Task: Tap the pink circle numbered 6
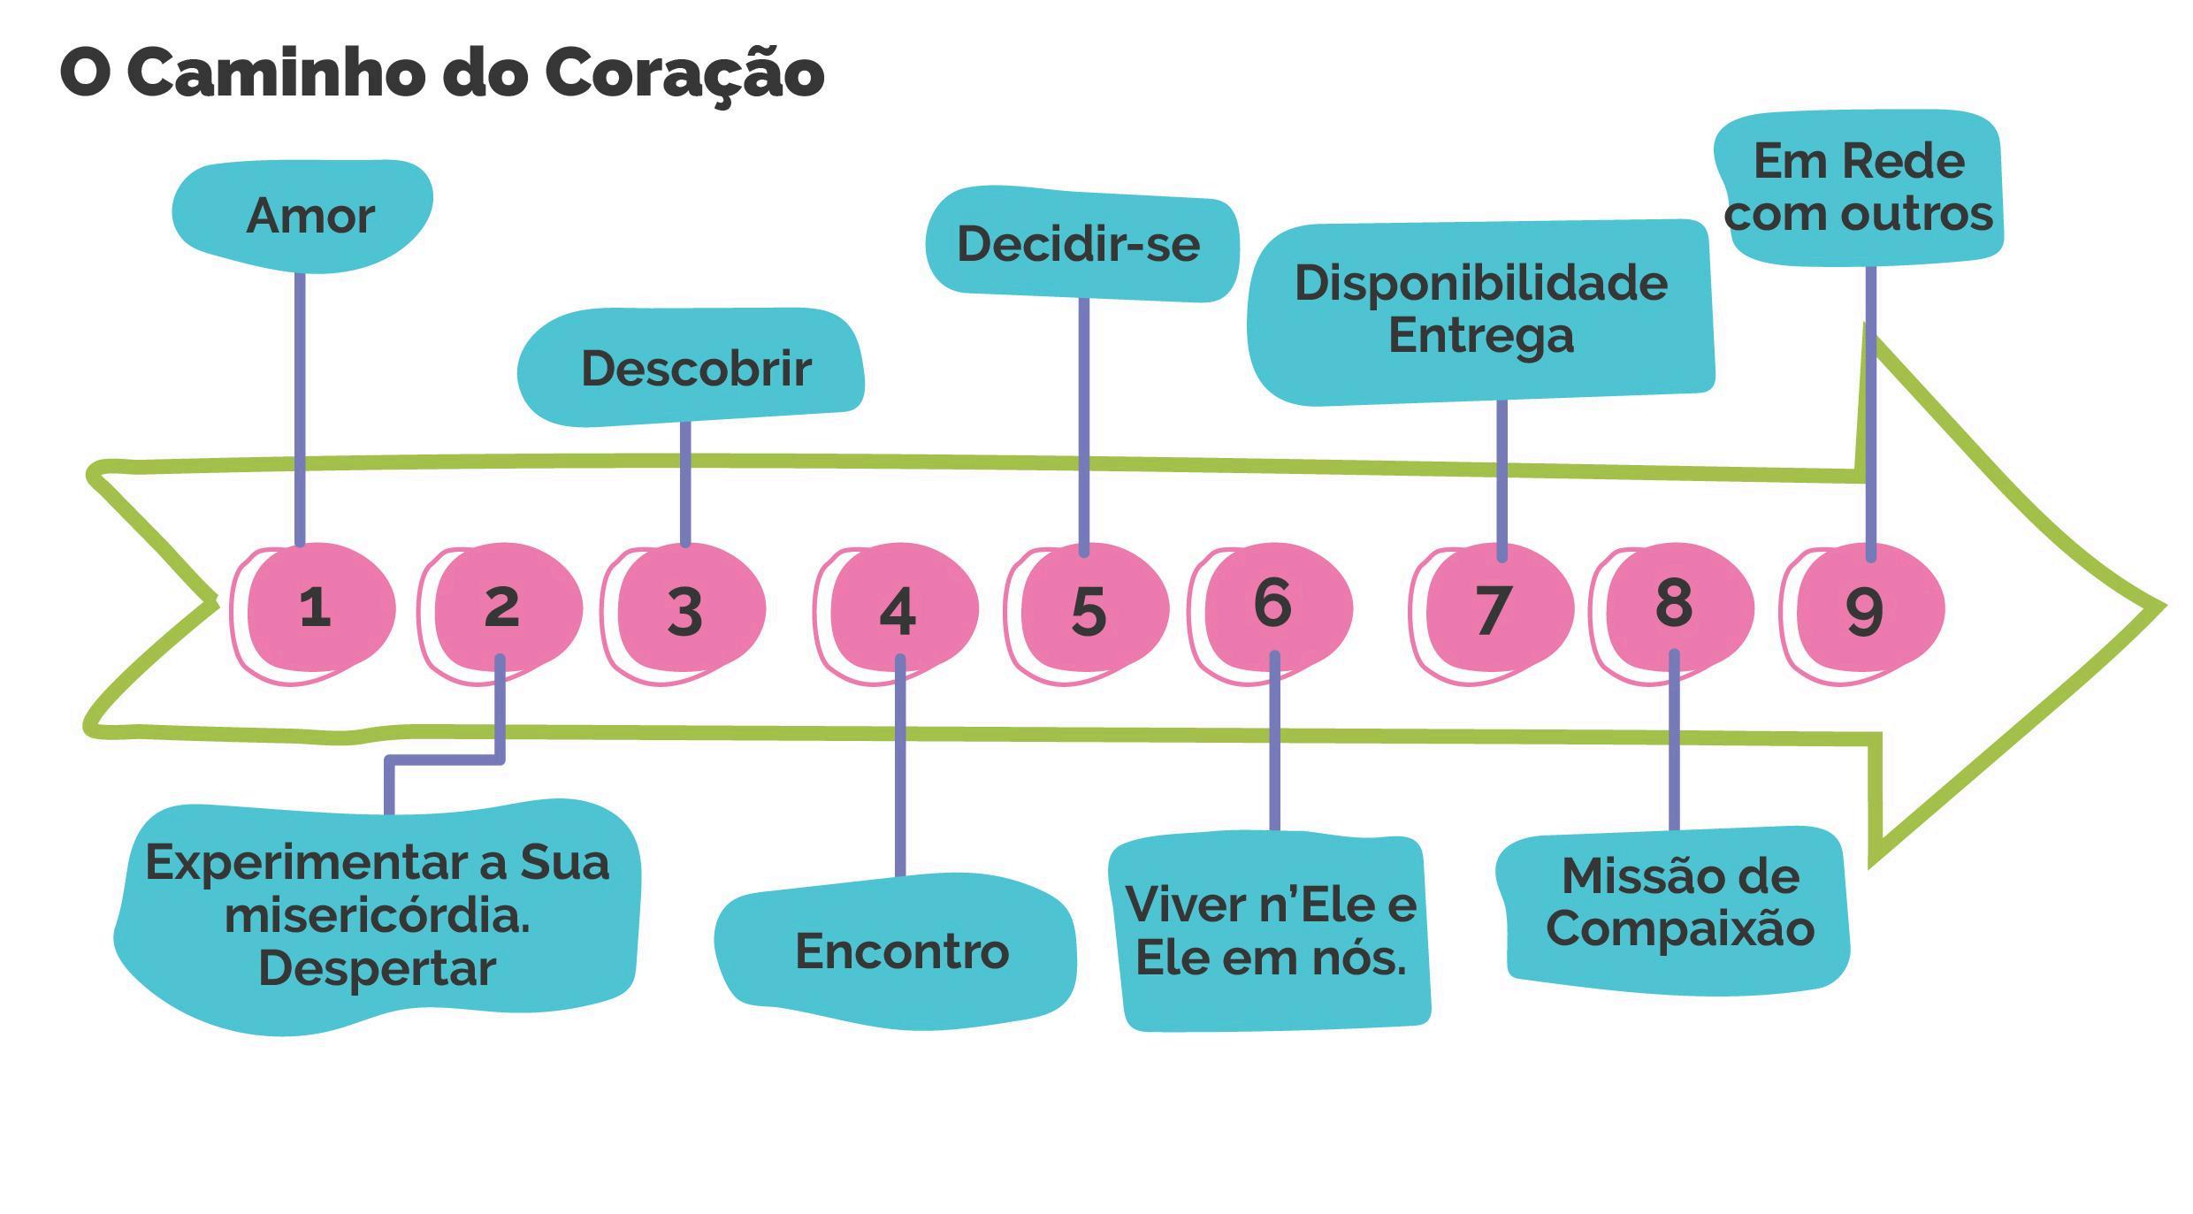click(x=1276, y=607)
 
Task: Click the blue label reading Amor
click(x=305, y=216)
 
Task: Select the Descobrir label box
click(x=694, y=368)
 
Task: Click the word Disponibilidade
click(x=1481, y=284)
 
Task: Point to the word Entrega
click(x=1481, y=336)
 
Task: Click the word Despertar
click(x=378, y=968)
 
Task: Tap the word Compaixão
click(x=1680, y=928)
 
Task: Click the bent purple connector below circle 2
click(x=442, y=760)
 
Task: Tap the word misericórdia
click(x=378, y=916)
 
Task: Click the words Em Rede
click(x=1859, y=162)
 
